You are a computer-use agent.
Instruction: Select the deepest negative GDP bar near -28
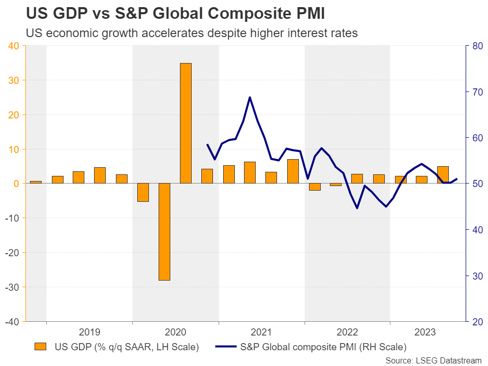coord(164,231)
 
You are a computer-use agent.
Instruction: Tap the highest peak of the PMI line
coord(250,97)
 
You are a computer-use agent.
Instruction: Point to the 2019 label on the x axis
coord(89,332)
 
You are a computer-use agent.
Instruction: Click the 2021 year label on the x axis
coord(261,332)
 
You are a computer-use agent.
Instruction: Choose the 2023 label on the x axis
coord(424,332)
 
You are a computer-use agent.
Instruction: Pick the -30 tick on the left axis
coord(11,287)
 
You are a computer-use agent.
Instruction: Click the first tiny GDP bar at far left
coord(36,182)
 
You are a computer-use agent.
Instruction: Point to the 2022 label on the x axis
coord(347,332)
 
